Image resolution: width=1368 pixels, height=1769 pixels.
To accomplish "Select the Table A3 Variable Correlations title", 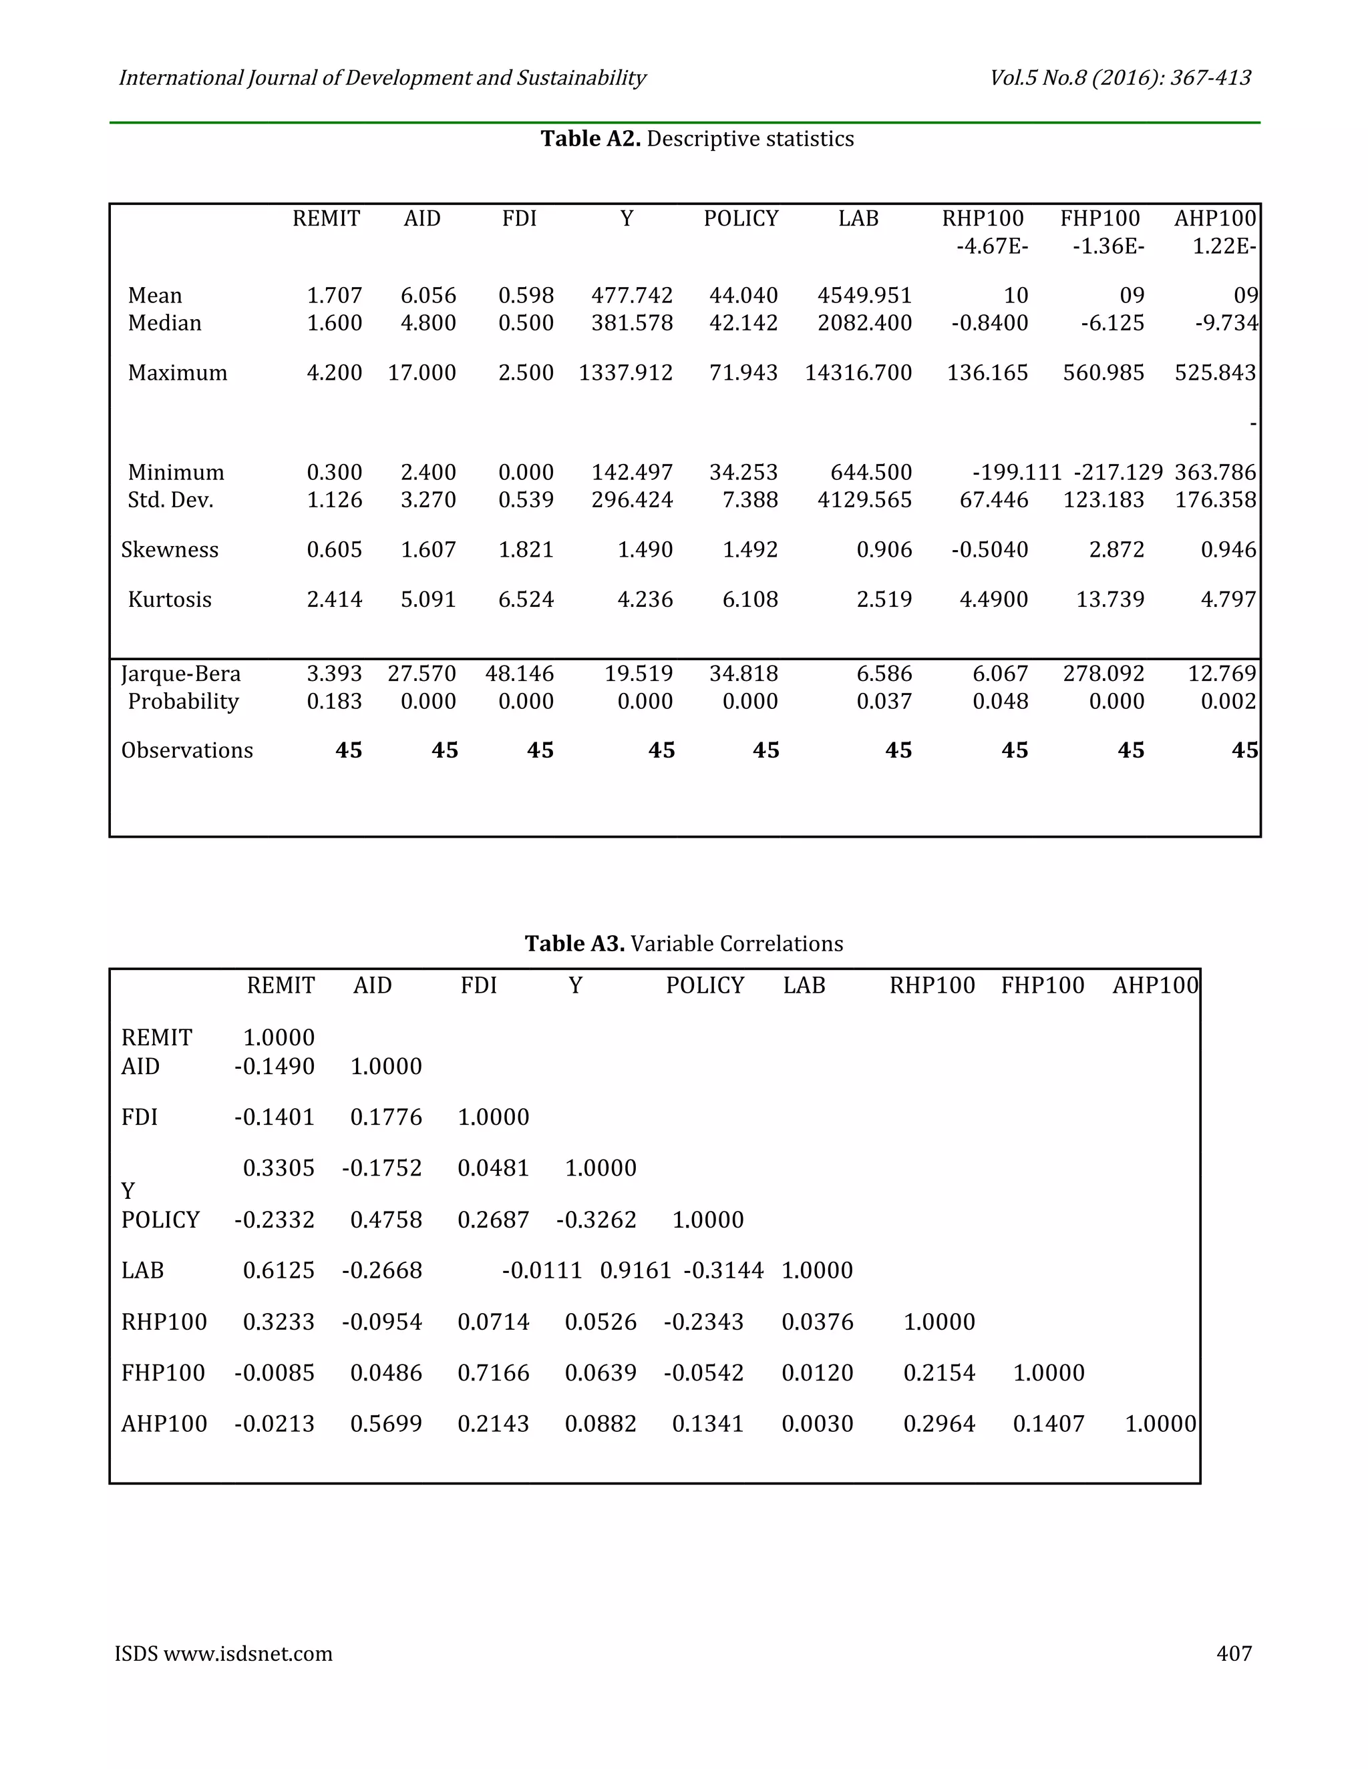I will tap(683, 944).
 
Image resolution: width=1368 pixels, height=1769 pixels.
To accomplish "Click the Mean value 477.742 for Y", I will tap(631, 296).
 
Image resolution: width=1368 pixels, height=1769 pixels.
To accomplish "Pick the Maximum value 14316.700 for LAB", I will tap(858, 372).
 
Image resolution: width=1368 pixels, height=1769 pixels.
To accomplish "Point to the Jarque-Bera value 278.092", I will tap(1103, 674).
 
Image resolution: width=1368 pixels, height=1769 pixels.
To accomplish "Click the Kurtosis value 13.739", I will tap(1109, 599).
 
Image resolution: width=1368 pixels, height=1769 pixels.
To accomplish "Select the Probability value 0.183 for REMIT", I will tap(334, 702).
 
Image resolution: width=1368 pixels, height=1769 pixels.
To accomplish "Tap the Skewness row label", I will tap(170, 550).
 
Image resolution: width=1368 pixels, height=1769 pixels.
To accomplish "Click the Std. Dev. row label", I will tap(170, 500).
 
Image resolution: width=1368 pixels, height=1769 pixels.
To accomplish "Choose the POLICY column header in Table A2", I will tap(740, 219).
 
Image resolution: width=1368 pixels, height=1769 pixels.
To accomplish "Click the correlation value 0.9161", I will tap(635, 1270).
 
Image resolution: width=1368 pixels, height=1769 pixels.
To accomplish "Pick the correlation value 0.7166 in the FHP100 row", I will tap(493, 1373).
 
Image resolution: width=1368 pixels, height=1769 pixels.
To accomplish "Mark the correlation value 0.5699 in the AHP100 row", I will tap(386, 1424).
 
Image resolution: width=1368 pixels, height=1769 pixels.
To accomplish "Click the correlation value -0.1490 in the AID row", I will tap(274, 1066).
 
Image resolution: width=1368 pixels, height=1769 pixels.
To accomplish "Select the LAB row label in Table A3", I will tap(143, 1270).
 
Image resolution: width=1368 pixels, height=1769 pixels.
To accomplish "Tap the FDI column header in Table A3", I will tap(478, 986).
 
